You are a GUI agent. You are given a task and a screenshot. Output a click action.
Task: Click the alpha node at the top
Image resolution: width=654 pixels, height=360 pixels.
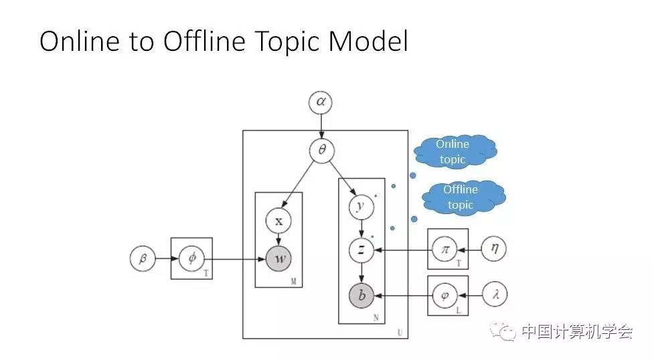click(321, 102)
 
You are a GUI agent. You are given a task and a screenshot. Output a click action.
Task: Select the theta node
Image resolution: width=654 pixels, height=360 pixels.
click(321, 151)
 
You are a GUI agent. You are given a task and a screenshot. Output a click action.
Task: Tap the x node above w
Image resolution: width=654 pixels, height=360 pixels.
click(278, 220)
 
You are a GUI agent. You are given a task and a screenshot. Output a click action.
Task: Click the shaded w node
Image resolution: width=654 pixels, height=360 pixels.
click(278, 258)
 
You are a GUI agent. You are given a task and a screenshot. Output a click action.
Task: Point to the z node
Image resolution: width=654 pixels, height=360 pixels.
click(361, 250)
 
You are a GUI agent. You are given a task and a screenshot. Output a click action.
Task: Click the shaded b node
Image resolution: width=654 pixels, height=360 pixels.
click(361, 294)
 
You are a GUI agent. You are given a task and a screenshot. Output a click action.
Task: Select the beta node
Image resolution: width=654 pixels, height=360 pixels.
click(143, 258)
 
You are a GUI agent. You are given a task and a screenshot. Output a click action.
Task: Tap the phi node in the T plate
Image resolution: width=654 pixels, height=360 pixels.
click(191, 258)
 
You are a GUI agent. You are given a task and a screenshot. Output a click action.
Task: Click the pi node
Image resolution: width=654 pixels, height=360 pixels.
click(444, 250)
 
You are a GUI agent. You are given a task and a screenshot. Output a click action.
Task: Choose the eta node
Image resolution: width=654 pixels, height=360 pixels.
click(494, 250)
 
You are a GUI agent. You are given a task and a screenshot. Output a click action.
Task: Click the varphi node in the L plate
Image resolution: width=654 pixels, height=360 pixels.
click(444, 294)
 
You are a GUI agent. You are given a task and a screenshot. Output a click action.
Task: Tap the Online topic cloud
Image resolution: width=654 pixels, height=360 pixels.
click(453, 152)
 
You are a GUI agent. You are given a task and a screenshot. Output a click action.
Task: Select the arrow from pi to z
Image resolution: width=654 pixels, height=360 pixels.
click(402, 250)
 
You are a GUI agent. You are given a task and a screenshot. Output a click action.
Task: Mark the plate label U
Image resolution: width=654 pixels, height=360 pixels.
click(400, 332)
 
